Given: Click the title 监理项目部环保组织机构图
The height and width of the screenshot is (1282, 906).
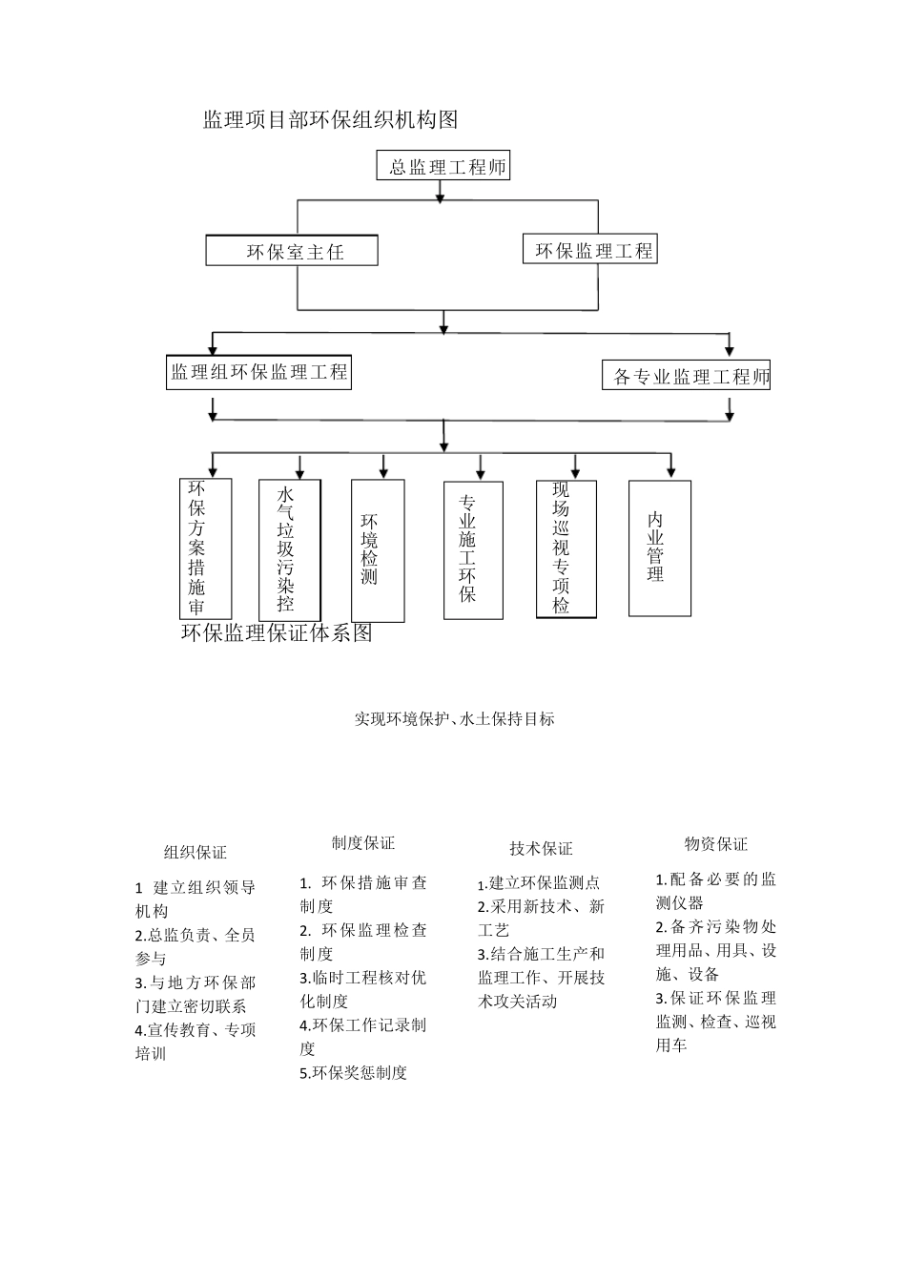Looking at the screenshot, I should click(330, 119).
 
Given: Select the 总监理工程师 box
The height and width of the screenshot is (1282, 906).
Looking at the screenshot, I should click(443, 167).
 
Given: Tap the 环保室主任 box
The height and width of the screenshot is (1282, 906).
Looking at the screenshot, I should click(292, 252).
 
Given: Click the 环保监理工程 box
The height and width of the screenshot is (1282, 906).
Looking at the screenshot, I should click(590, 250).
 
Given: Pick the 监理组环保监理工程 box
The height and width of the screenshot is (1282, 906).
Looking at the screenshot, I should click(258, 372).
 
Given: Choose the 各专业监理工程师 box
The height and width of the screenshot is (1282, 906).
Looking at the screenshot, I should click(688, 376).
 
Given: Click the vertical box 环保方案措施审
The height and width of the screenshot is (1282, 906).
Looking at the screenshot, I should click(206, 548).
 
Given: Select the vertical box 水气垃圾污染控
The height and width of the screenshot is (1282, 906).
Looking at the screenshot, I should click(289, 549).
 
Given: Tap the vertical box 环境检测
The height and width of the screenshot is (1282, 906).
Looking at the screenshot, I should click(378, 549).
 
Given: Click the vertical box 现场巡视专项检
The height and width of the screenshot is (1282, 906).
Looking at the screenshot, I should click(566, 548).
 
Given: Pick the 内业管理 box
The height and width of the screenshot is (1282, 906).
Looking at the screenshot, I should click(659, 548).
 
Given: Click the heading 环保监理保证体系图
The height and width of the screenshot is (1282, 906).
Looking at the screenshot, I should click(277, 633).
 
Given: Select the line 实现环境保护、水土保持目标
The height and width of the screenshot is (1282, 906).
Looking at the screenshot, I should click(454, 719).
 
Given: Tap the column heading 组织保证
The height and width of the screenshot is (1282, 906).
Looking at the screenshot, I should click(196, 853).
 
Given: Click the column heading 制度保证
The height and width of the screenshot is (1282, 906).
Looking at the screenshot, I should click(363, 842).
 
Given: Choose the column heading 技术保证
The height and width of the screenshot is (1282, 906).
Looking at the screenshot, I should click(541, 849).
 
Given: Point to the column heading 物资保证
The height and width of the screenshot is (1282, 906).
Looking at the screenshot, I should click(716, 844).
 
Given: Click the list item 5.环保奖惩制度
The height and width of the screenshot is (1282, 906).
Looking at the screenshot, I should click(354, 1073).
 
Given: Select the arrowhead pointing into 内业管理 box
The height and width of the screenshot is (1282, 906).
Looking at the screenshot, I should click(671, 471).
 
